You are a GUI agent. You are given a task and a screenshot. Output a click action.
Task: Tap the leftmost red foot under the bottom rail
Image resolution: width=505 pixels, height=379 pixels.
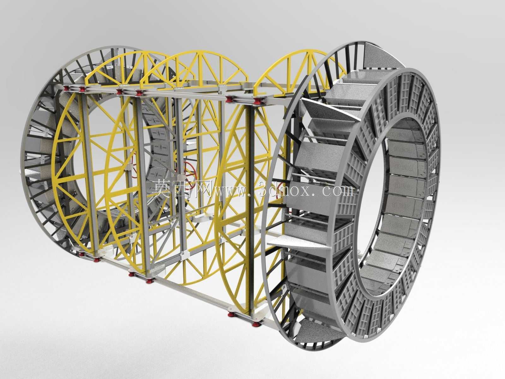pos(81,254)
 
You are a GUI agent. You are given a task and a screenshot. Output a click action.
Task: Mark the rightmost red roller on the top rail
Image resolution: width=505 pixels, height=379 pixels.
pos(256,100)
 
